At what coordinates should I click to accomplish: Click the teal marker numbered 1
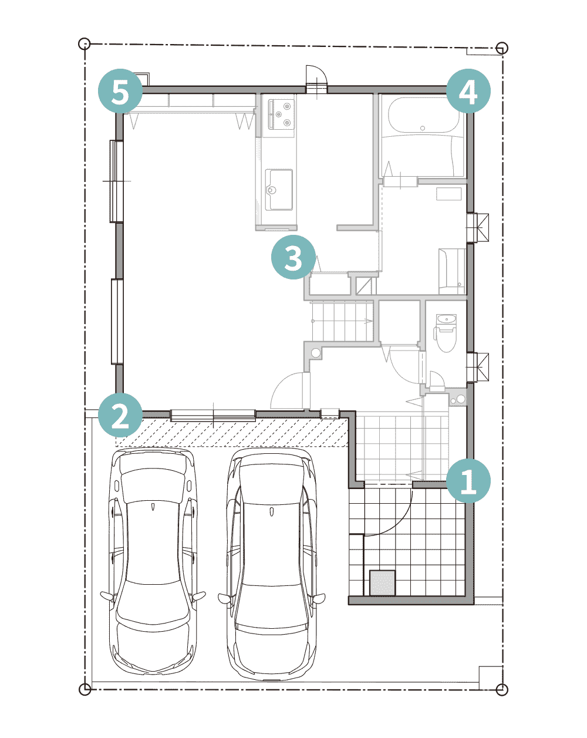pyautogui.click(x=468, y=480)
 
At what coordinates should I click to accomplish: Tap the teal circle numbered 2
pyautogui.click(x=120, y=415)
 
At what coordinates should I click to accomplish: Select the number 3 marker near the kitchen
pyautogui.click(x=293, y=257)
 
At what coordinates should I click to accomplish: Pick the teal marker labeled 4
pyautogui.click(x=468, y=91)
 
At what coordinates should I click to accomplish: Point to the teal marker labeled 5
pyautogui.click(x=120, y=91)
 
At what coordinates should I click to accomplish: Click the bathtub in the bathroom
pyautogui.click(x=423, y=115)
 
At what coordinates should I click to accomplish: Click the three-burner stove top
pyautogui.click(x=281, y=114)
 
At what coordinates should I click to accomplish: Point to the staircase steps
pyautogui.click(x=342, y=321)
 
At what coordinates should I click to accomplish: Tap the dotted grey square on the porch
pyautogui.click(x=382, y=583)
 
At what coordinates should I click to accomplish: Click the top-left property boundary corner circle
pyautogui.click(x=85, y=44)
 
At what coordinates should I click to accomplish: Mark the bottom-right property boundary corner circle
pyautogui.click(x=502, y=689)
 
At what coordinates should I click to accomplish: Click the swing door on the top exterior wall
pyautogui.click(x=317, y=79)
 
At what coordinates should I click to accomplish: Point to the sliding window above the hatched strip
pyautogui.click(x=213, y=415)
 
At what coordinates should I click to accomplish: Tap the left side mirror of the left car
pyautogui.click(x=107, y=597)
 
